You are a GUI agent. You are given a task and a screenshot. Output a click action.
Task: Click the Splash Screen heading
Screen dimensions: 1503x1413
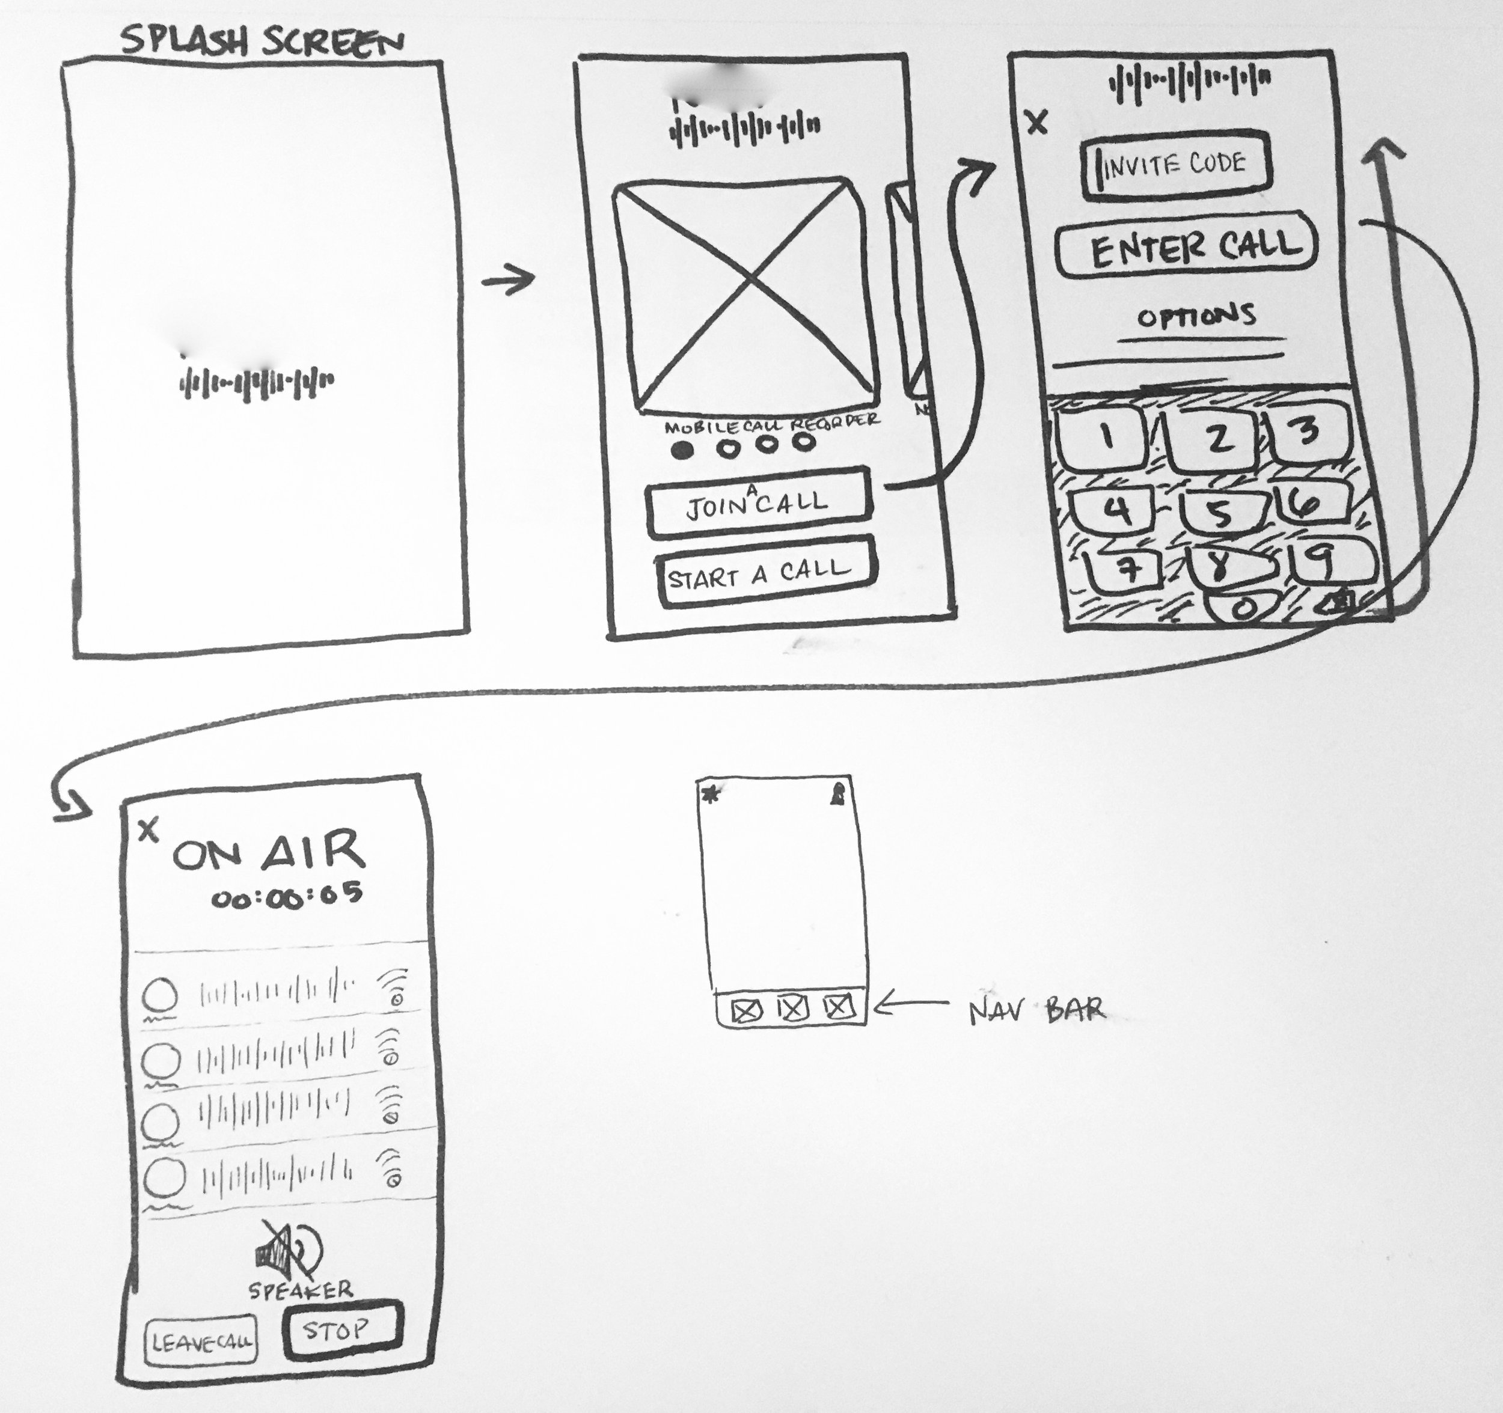point(262,41)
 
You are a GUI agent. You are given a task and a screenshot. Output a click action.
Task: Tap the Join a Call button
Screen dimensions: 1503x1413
point(758,502)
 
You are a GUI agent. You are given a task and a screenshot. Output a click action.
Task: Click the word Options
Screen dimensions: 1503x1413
point(1197,316)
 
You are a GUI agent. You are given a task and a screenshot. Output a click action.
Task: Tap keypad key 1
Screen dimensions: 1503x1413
point(1106,437)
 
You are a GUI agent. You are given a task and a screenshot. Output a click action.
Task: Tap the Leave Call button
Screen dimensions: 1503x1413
point(200,1342)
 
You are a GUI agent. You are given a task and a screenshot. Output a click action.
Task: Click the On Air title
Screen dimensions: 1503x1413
point(268,852)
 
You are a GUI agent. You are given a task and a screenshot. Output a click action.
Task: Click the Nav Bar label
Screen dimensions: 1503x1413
point(1036,1010)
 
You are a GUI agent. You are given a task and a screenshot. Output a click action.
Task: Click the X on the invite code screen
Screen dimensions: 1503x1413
point(1037,121)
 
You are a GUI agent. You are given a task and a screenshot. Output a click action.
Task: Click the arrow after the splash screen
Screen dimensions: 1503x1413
point(508,279)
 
